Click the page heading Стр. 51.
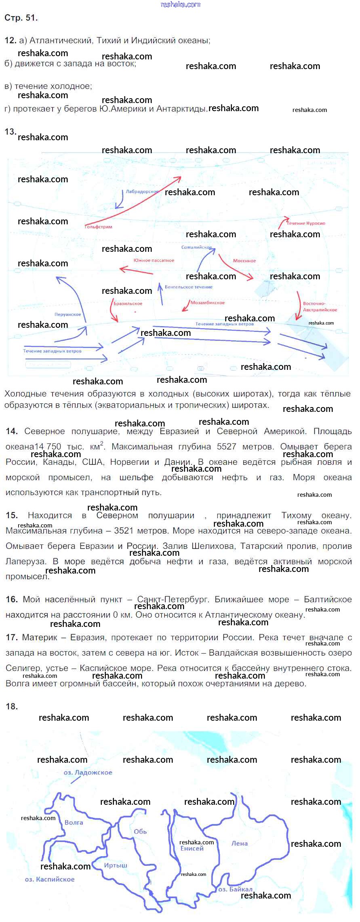click(x=21, y=18)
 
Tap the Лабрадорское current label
click(x=142, y=192)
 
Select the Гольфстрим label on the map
click(x=99, y=227)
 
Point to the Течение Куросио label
click(x=306, y=223)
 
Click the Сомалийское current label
click(x=196, y=247)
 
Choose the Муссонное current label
click(x=244, y=261)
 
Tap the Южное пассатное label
click(x=154, y=260)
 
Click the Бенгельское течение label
click(x=189, y=287)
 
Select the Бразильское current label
click(x=128, y=303)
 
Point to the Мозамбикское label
click(x=208, y=302)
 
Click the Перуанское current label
click(x=68, y=314)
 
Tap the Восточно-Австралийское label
click(x=320, y=306)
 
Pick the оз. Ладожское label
click(x=88, y=772)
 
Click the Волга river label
click(x=74, y=822)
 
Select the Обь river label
click(x=140, y=831)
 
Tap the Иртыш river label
click(x=116, y=865)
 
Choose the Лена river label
click(x=240, y=843)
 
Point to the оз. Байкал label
click(x=235, y=889)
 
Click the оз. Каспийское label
click(x=50, y=879)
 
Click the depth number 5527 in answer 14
click(x=226, y=447)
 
